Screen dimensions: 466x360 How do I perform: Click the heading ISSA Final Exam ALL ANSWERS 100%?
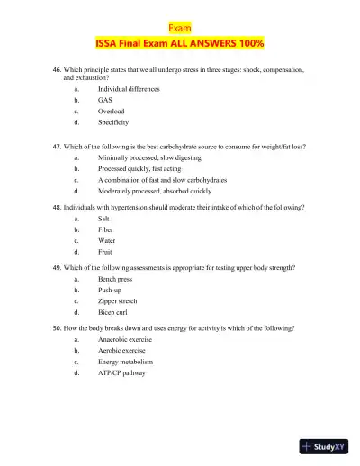pyautogui.click(x=179, y=43)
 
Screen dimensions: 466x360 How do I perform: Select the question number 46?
pyautogui.click(x=58, y=69)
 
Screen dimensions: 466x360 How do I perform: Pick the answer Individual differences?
pyautogui.click(x=129, y=91)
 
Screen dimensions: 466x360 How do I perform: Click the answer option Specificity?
pyautogui.click(x=113, y=121)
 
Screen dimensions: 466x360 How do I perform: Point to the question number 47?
pyautogui.click(x=58, y=145)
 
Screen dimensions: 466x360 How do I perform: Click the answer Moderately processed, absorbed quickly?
pyautogui.click(x=155, y=192)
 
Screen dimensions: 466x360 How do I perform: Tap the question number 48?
pyautogui.click(x=58, y=207)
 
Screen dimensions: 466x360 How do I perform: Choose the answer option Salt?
pyautogui.click(x=104, y=219)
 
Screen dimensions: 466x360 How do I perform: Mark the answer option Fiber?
pyautogui.click(x=106, y=230)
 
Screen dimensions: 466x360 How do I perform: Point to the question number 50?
pyautogui.click(x=58, y=329)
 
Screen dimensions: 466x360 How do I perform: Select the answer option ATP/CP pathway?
pyautogui.click(x=121, y=372)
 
